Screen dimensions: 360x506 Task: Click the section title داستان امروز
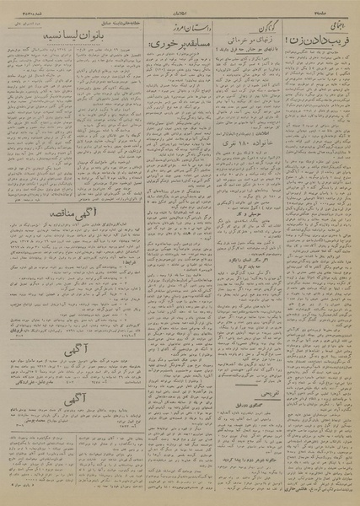click(179, 25)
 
